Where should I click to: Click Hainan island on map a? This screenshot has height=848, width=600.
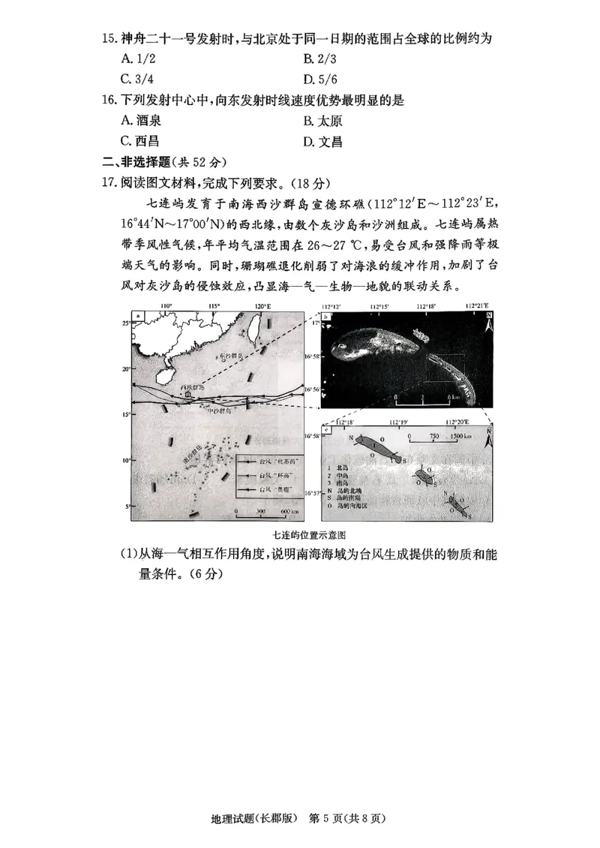166,373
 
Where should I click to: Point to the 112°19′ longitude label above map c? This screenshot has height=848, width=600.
398,422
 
